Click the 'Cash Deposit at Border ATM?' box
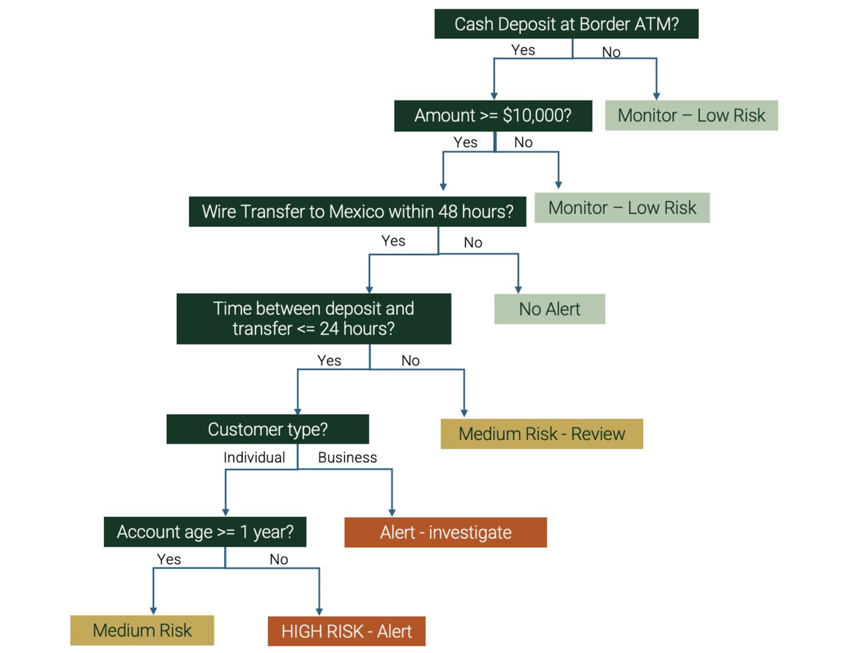pos(566,24)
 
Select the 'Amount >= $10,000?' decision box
pos(492,116)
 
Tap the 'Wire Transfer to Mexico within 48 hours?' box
pos(357,212)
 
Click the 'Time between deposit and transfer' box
pos(313,318)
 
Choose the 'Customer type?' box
pos(267,429)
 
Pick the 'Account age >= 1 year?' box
pos(205,532)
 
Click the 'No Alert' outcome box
pos(549,309)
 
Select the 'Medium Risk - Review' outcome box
pos(541,434)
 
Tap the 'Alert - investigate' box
pos(445,532)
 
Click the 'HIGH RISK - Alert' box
pos(347,631)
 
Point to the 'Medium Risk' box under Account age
pos(142,630)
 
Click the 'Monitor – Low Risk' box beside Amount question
pos(691,115)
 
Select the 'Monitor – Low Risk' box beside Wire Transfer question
pos(622,208)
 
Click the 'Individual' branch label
pos(254,458)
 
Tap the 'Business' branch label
pos(347,458)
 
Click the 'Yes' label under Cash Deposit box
pos(523,50)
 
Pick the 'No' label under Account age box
pos(279,560)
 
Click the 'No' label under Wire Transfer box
pos(473,243)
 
